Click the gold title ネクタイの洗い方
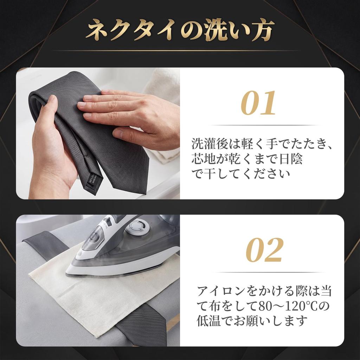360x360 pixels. (180, 30)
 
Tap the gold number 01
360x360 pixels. (258, 103)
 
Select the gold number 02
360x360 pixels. (264, 250)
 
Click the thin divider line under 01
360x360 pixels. (264, 125)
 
